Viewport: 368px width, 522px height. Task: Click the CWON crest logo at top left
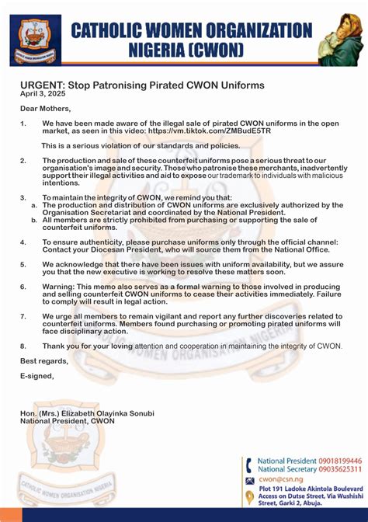coord(32,40)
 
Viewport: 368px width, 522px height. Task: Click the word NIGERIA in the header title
coord(165,50)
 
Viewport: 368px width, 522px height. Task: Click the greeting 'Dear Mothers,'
coord(45,108)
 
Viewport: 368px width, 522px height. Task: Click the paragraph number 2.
coord(24,160)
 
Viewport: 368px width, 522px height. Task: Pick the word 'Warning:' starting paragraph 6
coord(60,287)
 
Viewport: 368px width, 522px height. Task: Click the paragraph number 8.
coord(24,345)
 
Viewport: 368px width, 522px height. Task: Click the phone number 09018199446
coord(339,461)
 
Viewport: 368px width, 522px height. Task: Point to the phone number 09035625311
coord(339,470)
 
